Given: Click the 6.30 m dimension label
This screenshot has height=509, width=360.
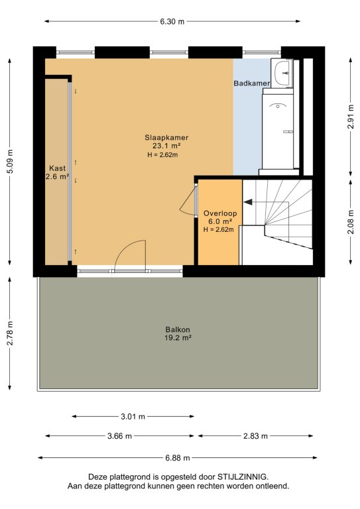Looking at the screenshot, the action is pos(172,21).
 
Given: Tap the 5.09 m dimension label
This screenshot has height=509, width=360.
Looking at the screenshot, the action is pos(10,161).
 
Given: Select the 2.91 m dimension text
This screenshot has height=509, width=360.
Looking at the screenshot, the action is pos(351,117).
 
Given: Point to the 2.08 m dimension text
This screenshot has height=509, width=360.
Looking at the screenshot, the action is pos(351,222).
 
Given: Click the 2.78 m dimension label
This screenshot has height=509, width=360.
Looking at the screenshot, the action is pos(10,333).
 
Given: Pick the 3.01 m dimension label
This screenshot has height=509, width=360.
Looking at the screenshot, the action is pos(133,416).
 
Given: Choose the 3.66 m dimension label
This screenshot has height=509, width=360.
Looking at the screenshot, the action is pos(119,436).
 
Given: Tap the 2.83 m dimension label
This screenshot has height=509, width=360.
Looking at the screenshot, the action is pos(255,436).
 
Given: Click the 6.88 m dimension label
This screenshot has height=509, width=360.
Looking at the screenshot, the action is pos(178,458).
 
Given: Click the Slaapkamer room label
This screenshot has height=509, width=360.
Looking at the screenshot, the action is pos(166,137).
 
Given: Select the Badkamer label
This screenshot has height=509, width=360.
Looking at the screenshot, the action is pos(252,83).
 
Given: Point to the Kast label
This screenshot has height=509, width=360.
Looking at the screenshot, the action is pos(57,168).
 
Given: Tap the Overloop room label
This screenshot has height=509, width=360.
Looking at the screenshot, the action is pos(220,213).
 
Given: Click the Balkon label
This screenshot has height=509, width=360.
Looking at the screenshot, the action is pos(178,329).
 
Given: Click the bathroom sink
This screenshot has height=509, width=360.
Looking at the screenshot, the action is pos(282,73).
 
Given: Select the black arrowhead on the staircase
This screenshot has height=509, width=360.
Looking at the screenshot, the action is pos(248,202).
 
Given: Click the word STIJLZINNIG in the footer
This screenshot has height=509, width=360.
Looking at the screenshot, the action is pos(242,477).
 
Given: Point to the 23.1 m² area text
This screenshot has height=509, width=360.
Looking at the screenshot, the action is pos(166,146).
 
